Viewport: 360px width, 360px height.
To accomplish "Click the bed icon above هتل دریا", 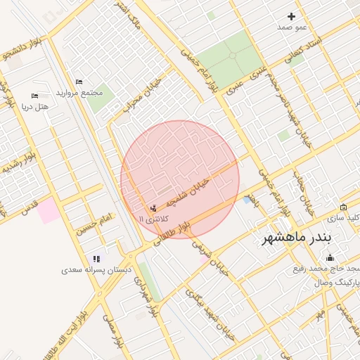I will pos(34,96).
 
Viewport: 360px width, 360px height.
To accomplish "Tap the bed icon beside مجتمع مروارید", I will pos(78,82).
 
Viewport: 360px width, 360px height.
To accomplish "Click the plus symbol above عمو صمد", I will pos(292,16).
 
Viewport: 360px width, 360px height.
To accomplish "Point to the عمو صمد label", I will pos(292,27).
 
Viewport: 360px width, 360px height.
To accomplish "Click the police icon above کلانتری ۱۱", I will pos(153,209).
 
